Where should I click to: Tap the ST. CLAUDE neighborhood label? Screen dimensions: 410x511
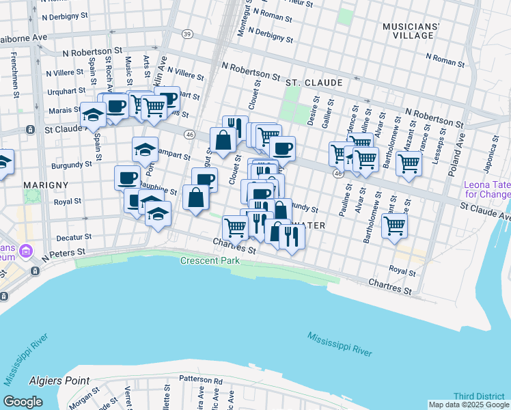pos(314,83)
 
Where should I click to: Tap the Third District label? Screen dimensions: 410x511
pos(479,396)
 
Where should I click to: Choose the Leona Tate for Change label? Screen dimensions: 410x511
pos(486,189)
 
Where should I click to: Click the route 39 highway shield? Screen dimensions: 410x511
pos(187,34)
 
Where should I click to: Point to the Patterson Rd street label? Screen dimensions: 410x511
pos(201,381)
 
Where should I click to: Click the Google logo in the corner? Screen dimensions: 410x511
pos(23,401)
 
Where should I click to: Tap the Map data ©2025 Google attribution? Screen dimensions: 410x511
pos(469,405)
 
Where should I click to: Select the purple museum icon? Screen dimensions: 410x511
pos(27,250)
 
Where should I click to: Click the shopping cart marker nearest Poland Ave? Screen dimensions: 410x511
pos(409,163)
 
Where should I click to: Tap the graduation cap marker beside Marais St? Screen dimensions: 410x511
pos(93,115)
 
